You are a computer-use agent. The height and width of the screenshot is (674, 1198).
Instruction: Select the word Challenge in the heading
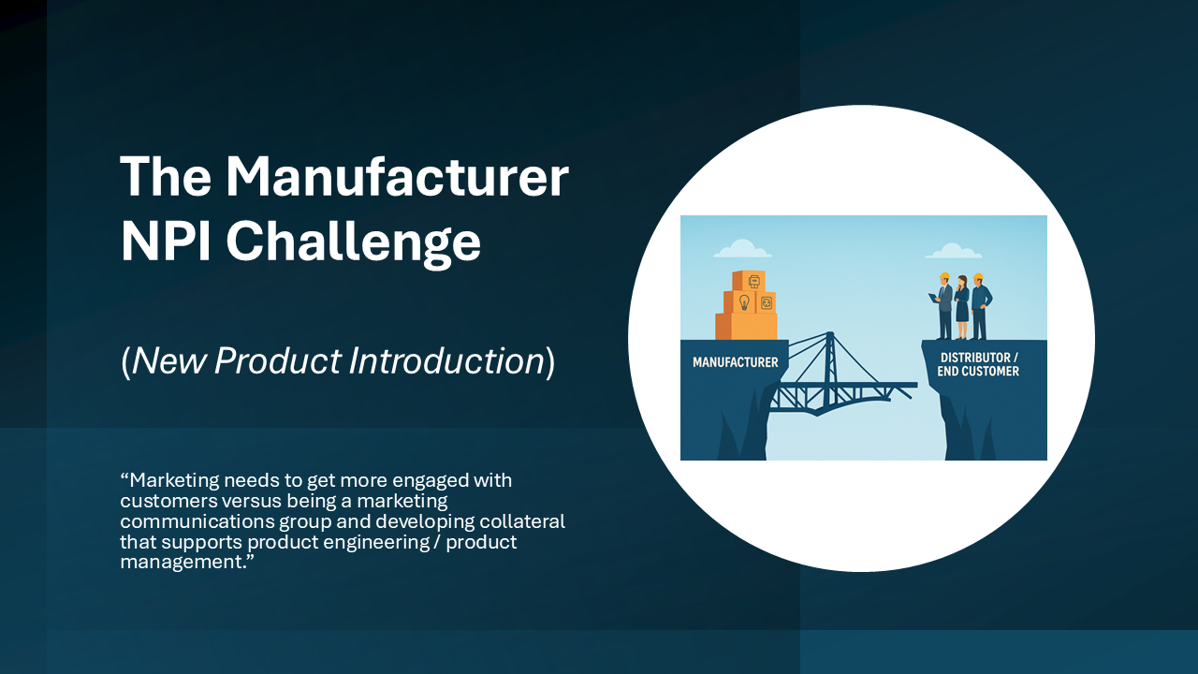click(x=354, y=243)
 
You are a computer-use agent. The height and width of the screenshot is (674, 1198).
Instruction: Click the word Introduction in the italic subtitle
click(x=446, y=360)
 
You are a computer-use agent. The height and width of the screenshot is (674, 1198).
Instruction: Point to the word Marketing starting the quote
click(x=174, y=481)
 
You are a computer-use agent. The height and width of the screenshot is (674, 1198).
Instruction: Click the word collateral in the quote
click(x=522, y=521)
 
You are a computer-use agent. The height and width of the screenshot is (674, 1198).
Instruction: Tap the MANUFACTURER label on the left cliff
click(x=736, y=362)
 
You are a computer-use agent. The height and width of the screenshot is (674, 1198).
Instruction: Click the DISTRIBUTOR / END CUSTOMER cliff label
click(x=978, y=364)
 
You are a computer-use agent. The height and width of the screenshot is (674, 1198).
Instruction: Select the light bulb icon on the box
click(x=744, y=302)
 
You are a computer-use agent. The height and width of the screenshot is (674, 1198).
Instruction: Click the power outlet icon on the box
click(x=767, y=303)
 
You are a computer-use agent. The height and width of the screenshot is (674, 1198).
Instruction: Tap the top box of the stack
click(x=749, y=280)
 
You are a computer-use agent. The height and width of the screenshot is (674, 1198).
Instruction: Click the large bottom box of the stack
click(x=747, y=326)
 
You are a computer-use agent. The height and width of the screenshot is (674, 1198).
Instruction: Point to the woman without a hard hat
click(x=962, y=307)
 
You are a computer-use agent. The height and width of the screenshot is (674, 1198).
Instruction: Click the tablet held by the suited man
click(x=932, y=298)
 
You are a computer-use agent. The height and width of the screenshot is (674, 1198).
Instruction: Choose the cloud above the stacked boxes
click(x=742, y=249)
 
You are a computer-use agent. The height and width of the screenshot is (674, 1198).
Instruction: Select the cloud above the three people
click(x=954, y=251)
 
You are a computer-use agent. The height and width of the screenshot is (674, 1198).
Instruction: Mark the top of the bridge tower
click(x=830, y=333)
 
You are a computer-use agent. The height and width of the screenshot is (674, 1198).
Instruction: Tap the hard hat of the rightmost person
click(x=978, y=276)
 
